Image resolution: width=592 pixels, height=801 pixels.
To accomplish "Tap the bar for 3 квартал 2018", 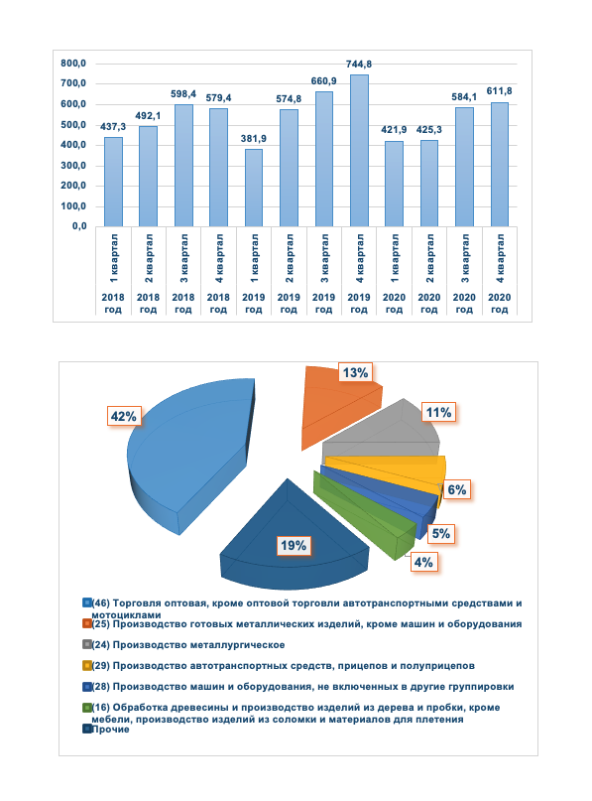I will coord(183,165).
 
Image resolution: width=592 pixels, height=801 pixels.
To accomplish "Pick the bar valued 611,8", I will coord(500,164).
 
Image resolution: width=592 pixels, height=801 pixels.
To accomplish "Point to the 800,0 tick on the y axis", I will coord(75,64).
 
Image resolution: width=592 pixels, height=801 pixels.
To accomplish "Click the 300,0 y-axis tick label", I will coord(75,166).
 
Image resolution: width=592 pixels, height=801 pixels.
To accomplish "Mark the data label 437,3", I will coord(113,126).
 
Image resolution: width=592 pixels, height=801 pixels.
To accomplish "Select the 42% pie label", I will coord(122,417).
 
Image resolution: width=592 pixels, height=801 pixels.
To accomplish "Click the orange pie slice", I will coord(337,407).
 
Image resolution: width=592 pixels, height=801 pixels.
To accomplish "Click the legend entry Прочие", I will coord(110,730).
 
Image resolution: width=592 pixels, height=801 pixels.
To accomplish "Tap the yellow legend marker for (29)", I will coord(86,665).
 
